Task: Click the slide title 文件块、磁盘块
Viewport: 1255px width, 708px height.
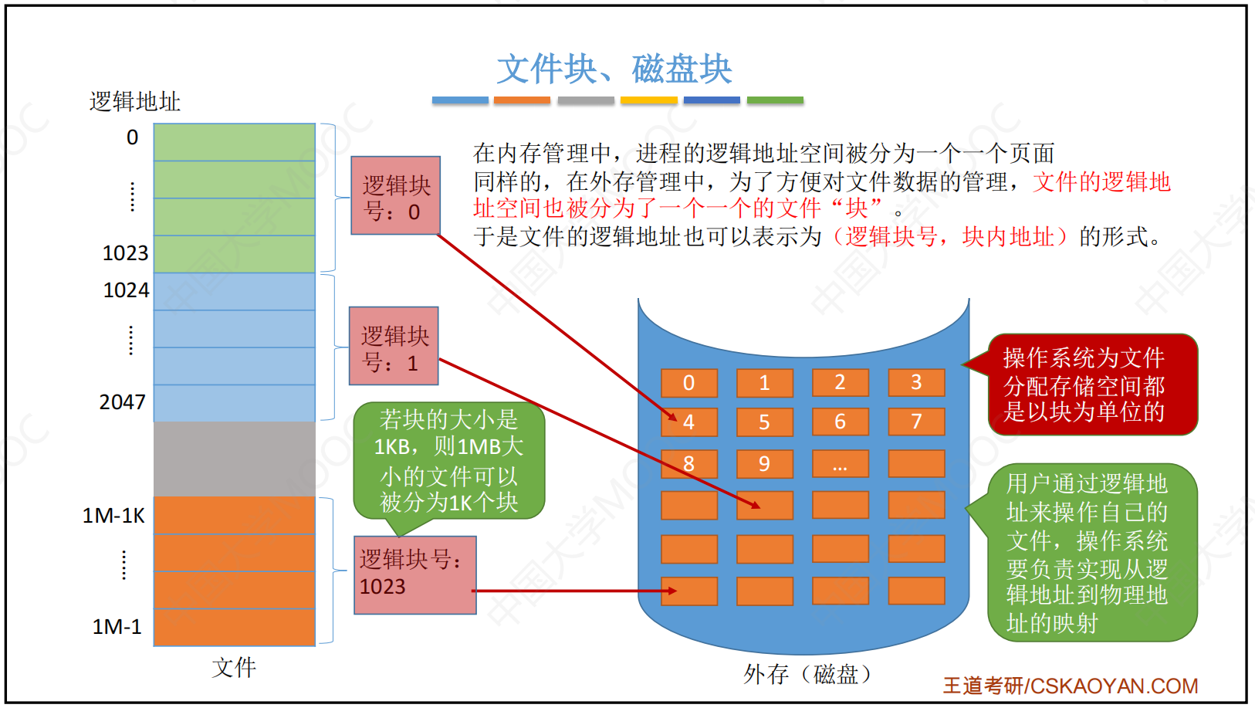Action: point(614,69)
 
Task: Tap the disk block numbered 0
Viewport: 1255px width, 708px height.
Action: point(689,383)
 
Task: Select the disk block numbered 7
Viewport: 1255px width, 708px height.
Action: point(917,422)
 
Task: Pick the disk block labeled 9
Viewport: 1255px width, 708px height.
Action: point(765,463)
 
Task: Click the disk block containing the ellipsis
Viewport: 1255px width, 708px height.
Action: point(841,463)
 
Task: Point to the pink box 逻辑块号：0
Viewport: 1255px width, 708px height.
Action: point(395,195)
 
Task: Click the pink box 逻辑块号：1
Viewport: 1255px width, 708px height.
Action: point(394,346)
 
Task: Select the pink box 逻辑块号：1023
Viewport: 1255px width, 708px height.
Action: point(415,575)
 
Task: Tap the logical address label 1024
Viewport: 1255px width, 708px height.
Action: point(126,290)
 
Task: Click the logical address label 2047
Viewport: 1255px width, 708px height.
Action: point(122,402)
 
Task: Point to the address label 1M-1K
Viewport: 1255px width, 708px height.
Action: point(113,515)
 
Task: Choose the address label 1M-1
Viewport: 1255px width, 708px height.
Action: point(117,627)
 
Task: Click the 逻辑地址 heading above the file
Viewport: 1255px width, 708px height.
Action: point(135,101)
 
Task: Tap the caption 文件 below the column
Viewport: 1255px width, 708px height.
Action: point(234,668)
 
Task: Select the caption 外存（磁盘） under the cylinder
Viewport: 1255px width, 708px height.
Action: point(807,674)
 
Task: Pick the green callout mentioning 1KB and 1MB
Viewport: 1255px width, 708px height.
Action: point(448,461)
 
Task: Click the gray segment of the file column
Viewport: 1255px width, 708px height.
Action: point(235,459)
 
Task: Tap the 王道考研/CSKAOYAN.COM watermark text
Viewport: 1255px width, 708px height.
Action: point(1070,686)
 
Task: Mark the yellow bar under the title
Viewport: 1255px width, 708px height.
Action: point(649,100)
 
